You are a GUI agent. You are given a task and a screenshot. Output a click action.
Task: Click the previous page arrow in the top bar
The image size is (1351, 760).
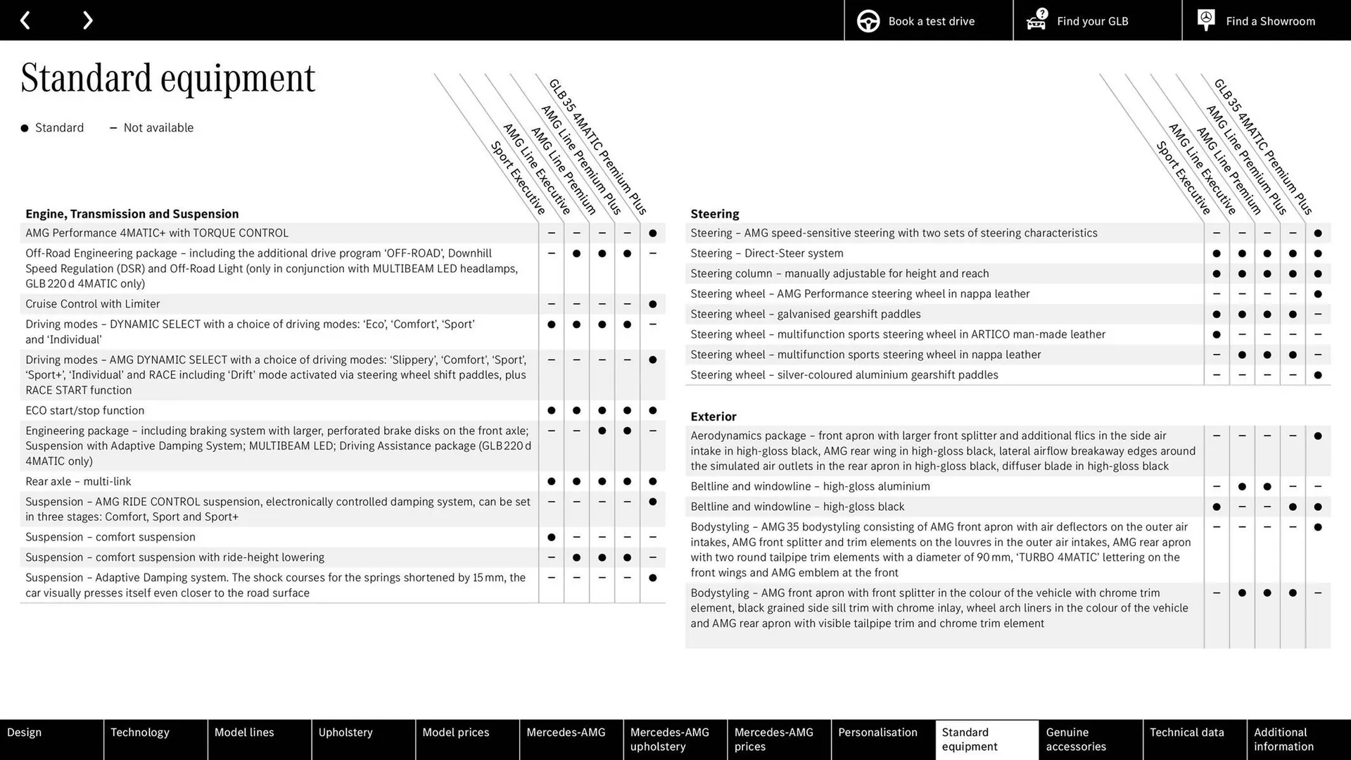click(x=25, y=20)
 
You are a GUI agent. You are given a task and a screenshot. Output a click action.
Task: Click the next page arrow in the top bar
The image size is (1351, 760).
click(x=87, y=20)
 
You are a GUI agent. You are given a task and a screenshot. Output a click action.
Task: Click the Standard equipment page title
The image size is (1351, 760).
click(x=167, y=78)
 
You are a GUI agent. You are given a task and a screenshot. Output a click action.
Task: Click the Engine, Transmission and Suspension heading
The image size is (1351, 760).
click(x=132, y=214)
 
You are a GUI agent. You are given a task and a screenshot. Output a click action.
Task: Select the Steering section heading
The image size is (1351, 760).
click(x=714, y=214)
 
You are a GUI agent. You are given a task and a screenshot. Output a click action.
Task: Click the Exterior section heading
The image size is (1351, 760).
click(x=713, y=417)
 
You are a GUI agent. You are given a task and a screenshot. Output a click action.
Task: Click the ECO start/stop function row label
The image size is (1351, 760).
click(x=84, y=410)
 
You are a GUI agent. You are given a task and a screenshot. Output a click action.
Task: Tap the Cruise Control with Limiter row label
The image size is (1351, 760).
click(x=92, y=304)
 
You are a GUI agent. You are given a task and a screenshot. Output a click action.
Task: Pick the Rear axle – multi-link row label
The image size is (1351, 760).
click(x=78, y=481)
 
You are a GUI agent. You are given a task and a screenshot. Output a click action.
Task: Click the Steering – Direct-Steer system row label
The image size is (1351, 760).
click(x=766, y=253)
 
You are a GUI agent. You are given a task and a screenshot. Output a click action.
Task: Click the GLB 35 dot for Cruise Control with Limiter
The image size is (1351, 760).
click(x=652, y=304)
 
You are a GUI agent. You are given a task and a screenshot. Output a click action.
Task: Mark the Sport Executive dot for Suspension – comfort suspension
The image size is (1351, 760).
click(x=551, y=537)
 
